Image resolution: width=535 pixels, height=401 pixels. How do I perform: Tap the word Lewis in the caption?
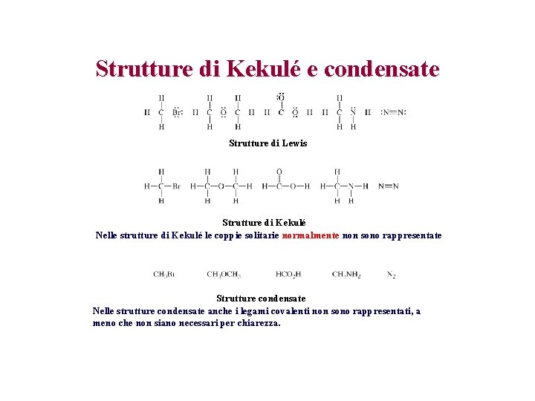point(294,143)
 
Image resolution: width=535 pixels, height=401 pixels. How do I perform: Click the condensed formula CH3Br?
point(163,275)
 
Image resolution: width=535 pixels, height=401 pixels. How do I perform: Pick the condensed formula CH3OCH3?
point(224,275)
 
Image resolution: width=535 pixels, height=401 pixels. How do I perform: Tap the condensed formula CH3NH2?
point(346,275)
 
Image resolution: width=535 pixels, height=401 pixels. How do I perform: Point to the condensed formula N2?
point(391,275)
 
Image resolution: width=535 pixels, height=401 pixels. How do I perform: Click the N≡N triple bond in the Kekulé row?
point(388,186)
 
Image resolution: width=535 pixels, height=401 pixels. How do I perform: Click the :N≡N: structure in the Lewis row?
point(393,113)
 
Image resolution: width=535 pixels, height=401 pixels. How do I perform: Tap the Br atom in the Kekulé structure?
point(176,186)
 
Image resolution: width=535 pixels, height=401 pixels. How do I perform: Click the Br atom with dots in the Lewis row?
point(176,113)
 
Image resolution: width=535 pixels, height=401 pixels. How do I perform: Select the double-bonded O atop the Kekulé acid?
point(279,172)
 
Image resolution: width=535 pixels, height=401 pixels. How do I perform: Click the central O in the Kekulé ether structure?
point(221,186)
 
